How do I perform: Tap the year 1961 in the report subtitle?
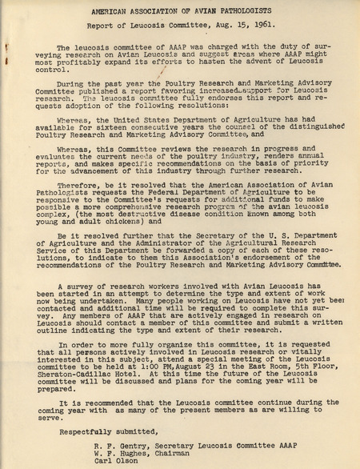pos(240,28)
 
